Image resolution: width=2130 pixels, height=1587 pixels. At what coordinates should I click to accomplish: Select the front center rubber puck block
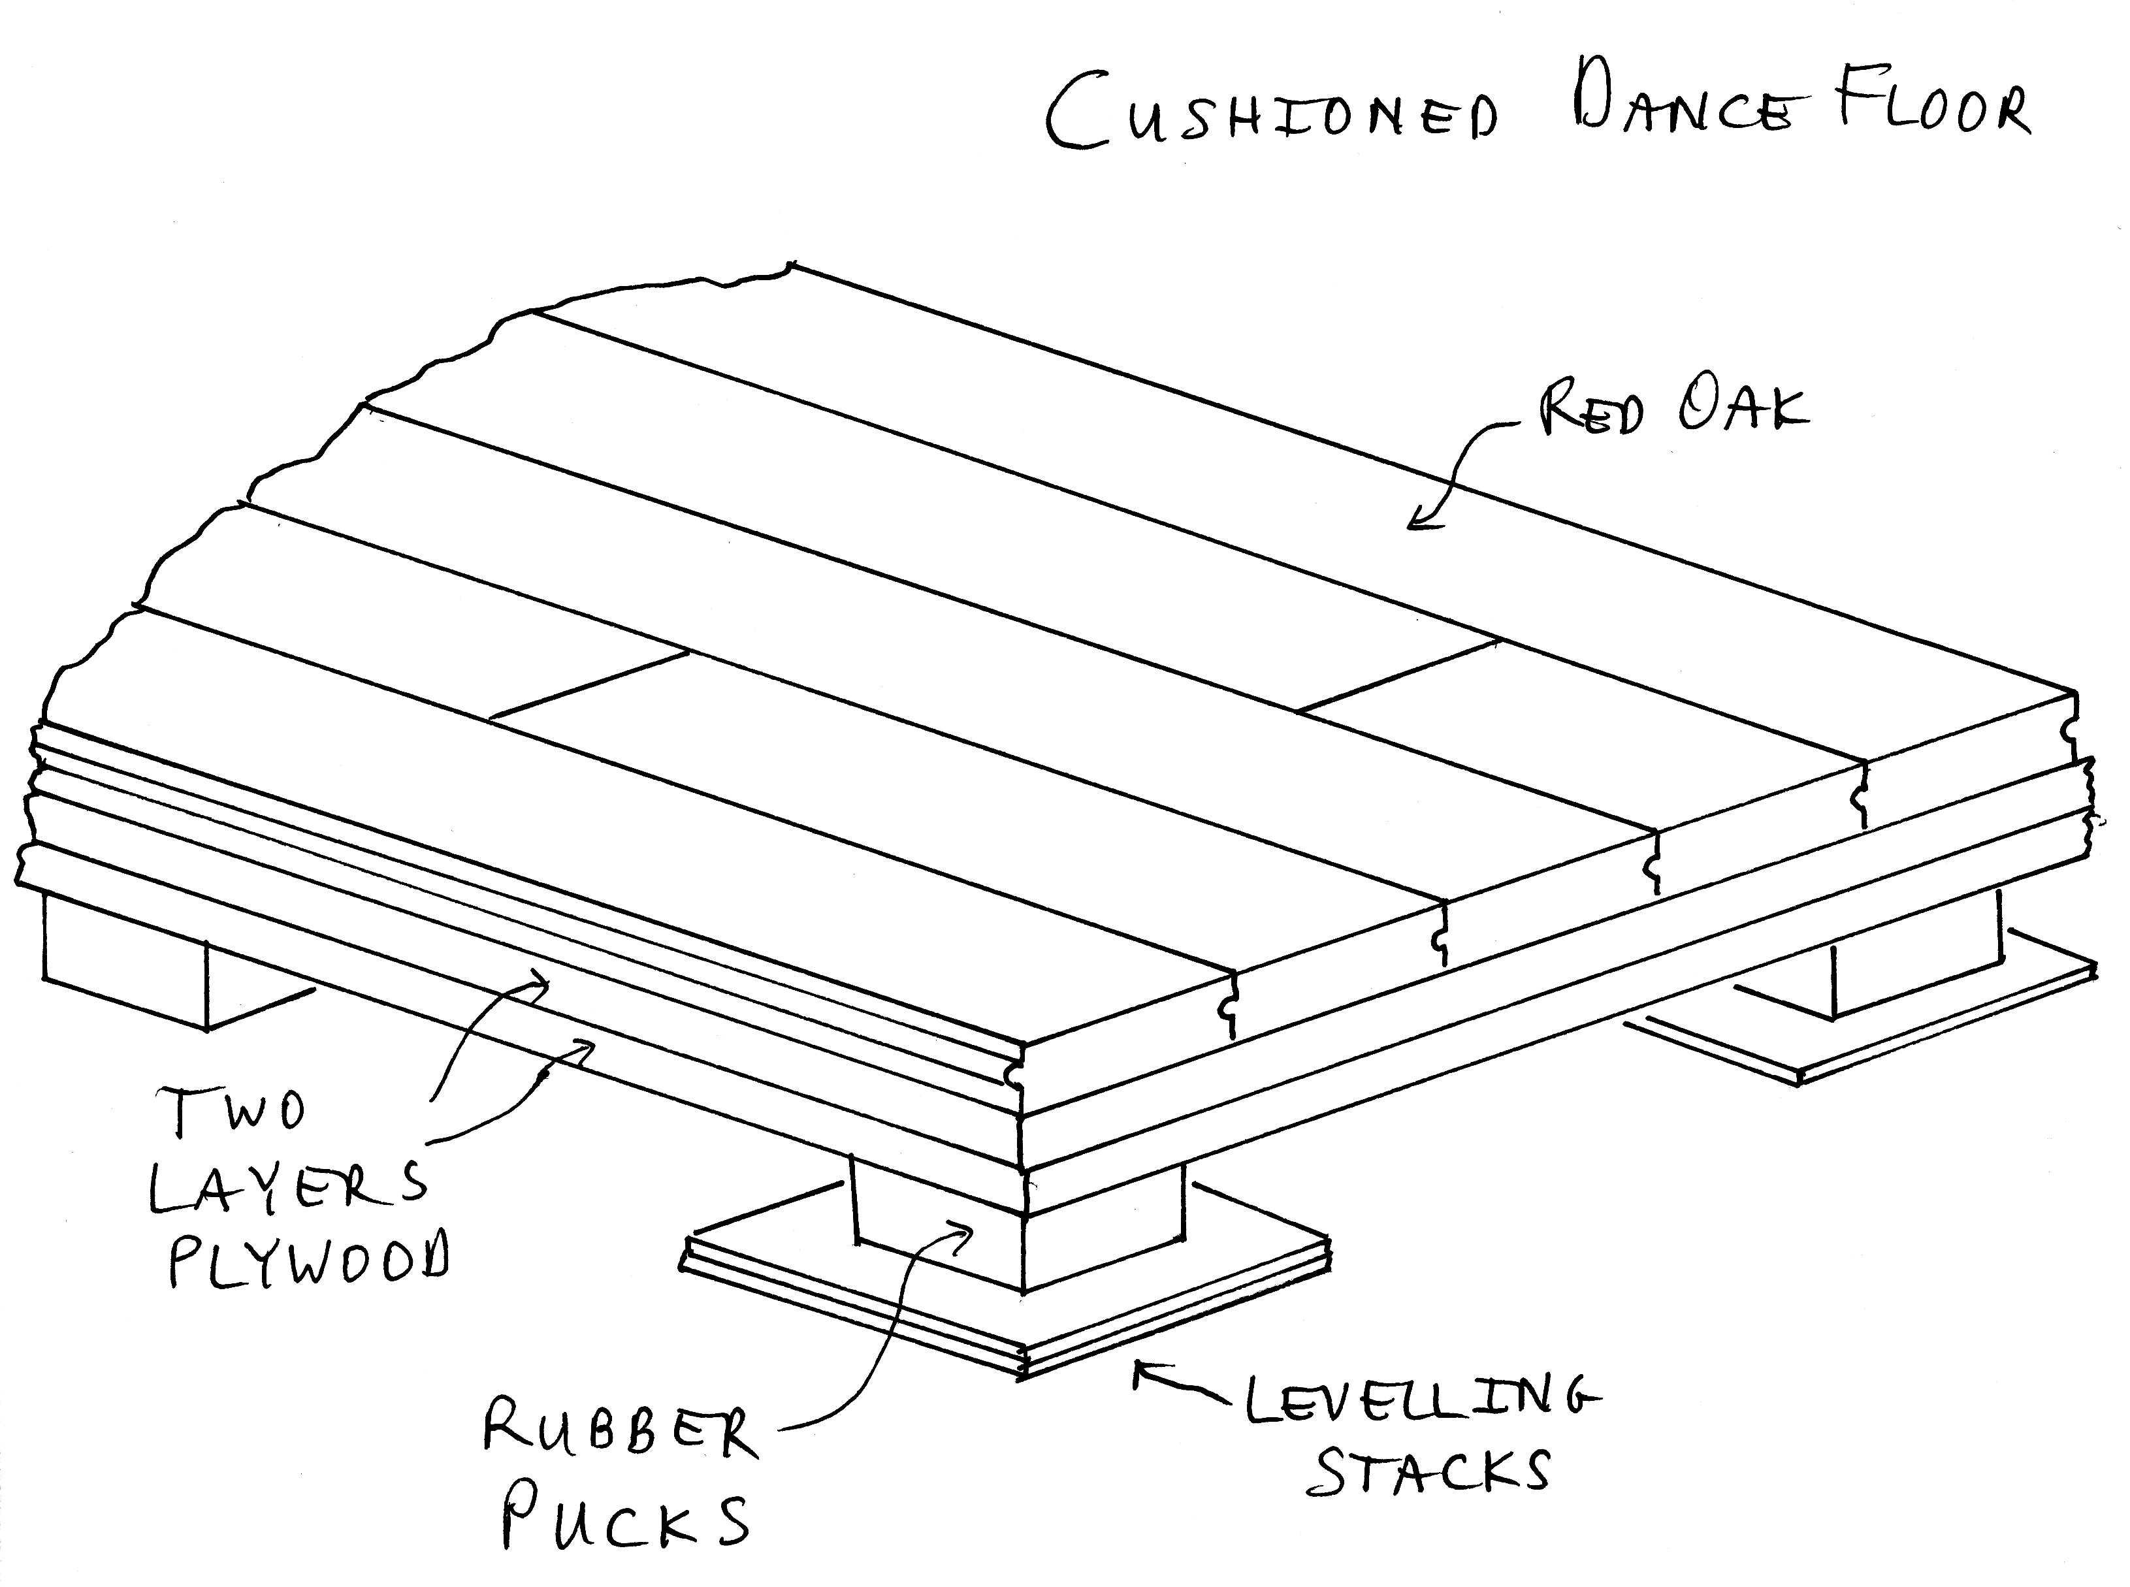coord(1018,1230)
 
